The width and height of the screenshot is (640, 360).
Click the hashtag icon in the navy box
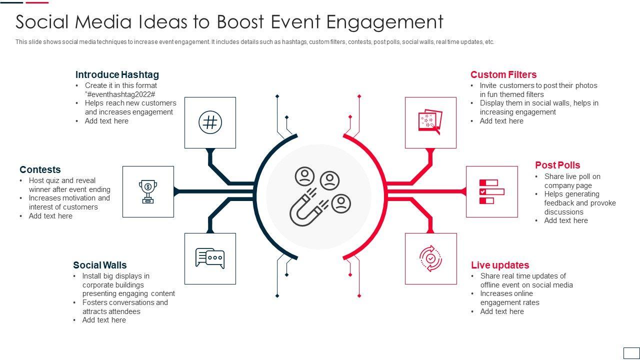click(x=210, y=122)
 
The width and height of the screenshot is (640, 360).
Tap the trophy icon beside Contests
click(x=148, y=191)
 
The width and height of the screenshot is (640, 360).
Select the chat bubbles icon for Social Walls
click(x=210, y=258)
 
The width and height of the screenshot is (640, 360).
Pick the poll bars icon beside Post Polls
click(x=491, y=191)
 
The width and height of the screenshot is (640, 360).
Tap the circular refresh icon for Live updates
click(x=430, y=258)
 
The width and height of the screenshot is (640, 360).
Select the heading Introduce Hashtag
click(x=117, y=74)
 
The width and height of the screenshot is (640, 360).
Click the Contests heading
click(x=40, y=169)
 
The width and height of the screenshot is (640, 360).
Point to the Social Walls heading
click(x=100, y=265)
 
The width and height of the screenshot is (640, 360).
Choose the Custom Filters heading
click(x=503, y=74)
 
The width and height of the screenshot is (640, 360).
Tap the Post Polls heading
click(x=557, y=165)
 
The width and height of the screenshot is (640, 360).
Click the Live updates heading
click(x=499, y=265)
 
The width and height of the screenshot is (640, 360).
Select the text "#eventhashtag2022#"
click(x=120, y=94)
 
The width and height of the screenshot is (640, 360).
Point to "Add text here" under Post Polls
click(x=566, y=220)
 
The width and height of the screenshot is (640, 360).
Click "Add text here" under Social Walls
click(x=104, y=320)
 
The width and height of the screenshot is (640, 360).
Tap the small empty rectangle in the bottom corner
click(x=631, y=352)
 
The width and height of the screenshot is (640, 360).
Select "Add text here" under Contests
click(x=50, y=216)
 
